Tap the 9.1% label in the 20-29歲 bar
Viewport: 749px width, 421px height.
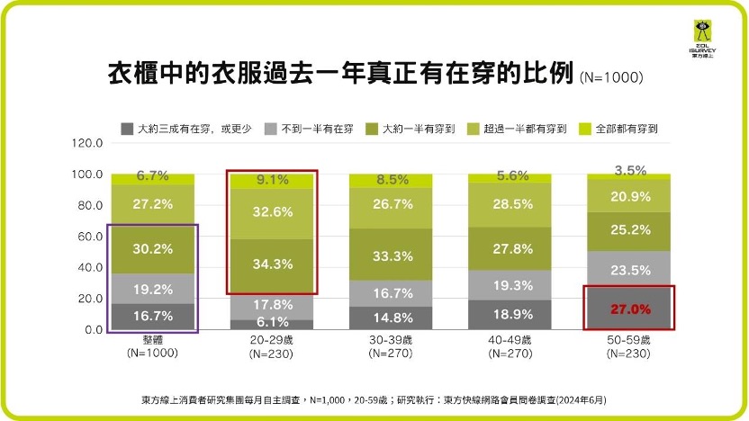tap(258, 180)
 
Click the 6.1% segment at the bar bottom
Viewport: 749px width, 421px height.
tap(258, 323)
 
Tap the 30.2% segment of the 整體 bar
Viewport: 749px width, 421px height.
tap(140, 250)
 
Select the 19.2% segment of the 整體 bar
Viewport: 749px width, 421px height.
tap(140, 290)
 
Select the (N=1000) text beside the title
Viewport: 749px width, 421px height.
tap(611, 77)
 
